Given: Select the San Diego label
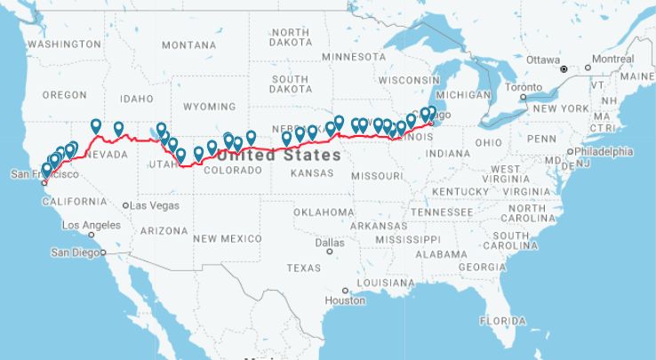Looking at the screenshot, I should [76, 252].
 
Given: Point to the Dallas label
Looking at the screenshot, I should [329, 242].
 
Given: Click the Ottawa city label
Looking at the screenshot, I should [543, 59].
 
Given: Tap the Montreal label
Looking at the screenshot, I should [612, 59].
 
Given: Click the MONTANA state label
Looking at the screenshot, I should [188, 45].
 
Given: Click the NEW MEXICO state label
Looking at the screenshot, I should [228, 238].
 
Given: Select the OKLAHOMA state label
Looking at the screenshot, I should [324, 212].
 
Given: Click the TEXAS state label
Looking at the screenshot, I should [303, 268].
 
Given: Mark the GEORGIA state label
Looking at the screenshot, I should [483, 267].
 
